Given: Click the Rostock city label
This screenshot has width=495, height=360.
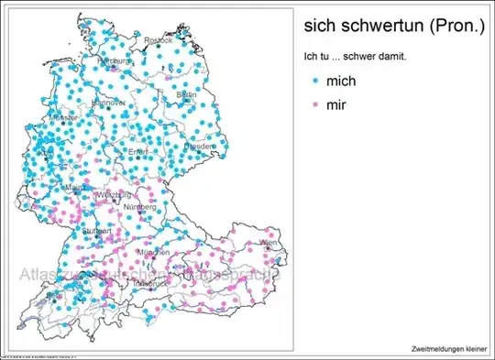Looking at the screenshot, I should coord(158,40).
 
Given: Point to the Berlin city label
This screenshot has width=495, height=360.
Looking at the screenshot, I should coord(186,94).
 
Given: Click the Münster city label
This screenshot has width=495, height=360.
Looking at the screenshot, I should coord(64,118).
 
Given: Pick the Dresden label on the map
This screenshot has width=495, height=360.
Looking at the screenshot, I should coord(199,146).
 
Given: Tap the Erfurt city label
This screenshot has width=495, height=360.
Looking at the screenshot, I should coord(138,151).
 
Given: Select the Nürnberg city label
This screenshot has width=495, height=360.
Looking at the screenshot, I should coord(142,208).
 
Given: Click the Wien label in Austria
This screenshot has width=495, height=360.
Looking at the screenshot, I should coord(268,243).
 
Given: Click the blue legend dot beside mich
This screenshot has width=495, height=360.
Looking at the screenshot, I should coord(314,82).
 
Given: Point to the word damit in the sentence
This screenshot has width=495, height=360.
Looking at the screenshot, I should coord(391,58).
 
